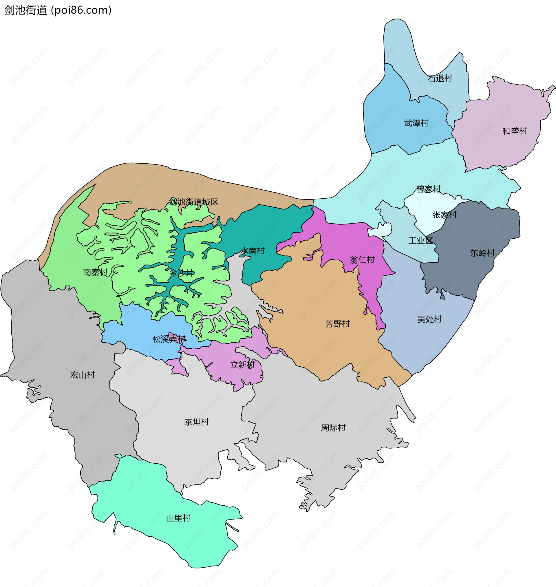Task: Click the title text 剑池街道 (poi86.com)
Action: coord(58,10)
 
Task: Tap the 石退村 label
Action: coord(440,78)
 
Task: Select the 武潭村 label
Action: coord(416,123)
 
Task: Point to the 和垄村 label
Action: coord(515,131)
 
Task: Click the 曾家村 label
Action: coord(429,189)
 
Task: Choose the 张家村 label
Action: coord(444,215)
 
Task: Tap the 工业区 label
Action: coord(420,240)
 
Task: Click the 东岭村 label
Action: coord(482,253)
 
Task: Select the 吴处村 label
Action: coord(429,319)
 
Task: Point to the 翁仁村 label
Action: coord(362,260)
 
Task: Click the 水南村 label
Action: coord(253,251)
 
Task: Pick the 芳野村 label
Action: coord(338,323)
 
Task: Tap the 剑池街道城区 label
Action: coord(193,202)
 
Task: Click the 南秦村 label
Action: coord(95,272)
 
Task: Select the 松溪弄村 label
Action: coord(169,339)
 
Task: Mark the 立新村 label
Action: coord(242,365)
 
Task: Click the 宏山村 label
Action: coord(83,375)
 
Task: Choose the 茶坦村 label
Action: coord(197,422)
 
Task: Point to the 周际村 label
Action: coord(333,428)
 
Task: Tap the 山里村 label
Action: coord(178,518)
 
